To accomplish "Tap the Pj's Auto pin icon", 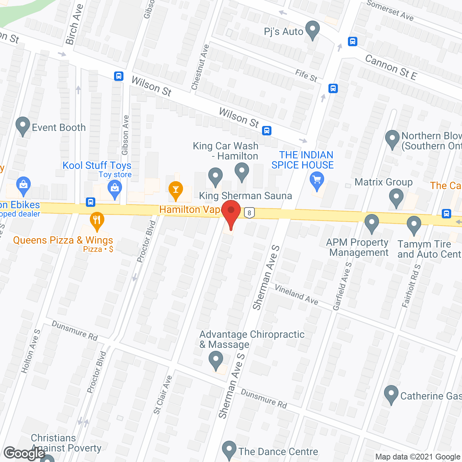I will click(313, 30).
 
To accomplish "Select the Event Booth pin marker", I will click(23, 126).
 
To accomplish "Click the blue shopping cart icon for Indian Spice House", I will click(317, 180).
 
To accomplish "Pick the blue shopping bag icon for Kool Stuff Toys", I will click(115, 189).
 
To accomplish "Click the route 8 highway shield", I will click(249, 213).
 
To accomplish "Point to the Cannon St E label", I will click(391, 67).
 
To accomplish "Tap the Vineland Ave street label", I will click(296, 295).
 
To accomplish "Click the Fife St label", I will click(306, 76).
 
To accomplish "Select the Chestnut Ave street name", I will click(200, 67).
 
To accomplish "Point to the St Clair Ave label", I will click(163, 395).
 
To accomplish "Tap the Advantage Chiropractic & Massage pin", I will click(216, 361).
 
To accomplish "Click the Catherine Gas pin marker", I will click(391, 394).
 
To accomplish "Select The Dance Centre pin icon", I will click(229, 450).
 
